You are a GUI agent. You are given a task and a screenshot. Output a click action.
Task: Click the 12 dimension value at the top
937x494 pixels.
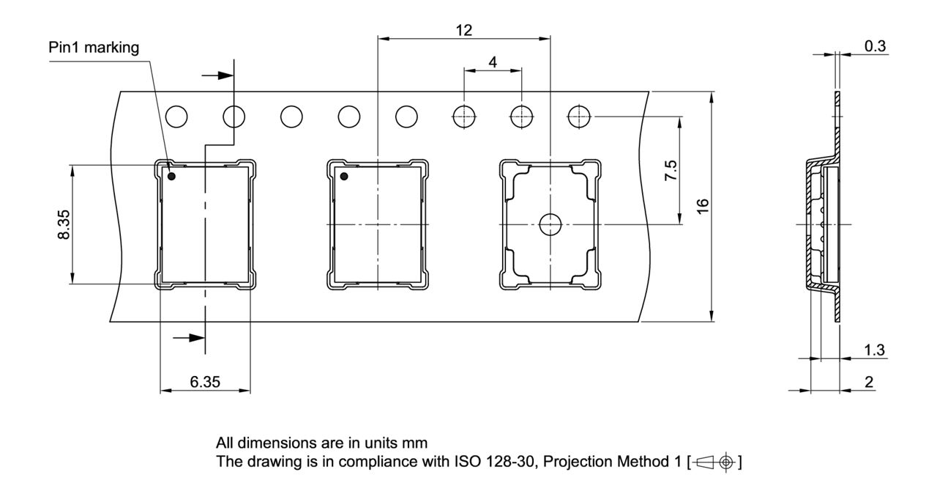click(x=463, y=30)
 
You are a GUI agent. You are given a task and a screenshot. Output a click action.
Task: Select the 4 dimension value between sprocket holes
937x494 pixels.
click(x=493, y=62)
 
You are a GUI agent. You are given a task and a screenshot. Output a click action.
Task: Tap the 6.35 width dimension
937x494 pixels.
click(x=204, y=382)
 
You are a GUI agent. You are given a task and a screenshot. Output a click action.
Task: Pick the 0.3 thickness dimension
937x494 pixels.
click(x=875, y=46)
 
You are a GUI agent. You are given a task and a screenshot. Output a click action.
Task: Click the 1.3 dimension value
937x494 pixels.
click(x=875, y=350)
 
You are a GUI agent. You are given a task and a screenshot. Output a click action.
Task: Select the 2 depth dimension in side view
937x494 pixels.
click(x=868, y=382)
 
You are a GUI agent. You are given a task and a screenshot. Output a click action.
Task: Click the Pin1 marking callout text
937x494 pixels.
click(x=94, y=48)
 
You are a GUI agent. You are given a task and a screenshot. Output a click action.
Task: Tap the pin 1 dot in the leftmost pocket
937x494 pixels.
click(x=172, y=176)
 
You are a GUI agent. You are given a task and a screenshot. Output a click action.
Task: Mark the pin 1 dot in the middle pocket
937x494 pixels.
click(x=343, y=176)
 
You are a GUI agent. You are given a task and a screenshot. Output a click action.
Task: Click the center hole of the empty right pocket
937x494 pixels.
click(x=549, y=224)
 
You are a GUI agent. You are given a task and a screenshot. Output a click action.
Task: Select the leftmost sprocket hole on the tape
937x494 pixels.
click(x=176, y=116)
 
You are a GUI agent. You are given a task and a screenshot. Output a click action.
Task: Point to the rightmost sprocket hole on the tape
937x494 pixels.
click(x=578, y=116)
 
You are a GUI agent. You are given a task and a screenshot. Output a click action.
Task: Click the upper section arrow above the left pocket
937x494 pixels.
click(x=218, y=75)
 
